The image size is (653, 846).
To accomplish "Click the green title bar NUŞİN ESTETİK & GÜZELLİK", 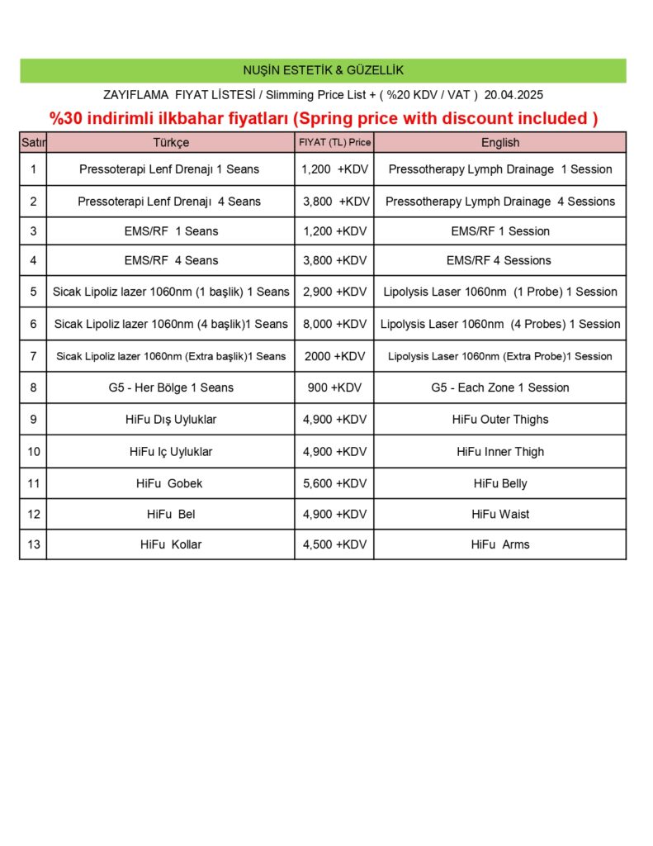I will point(323,70).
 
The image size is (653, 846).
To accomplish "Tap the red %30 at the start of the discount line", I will point(67,118).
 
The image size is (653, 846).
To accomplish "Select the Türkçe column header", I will point(170,142).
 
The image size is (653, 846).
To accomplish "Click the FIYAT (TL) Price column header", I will point(334,142).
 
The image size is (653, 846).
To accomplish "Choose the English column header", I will point(499,142).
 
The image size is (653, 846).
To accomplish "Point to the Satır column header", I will point(33,142).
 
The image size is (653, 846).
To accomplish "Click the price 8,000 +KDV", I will point(334,324).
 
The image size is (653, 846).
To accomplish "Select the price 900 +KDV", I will point(334,387).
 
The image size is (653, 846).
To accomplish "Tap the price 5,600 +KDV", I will point(334,483).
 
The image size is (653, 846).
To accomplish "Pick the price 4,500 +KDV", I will point(334,544).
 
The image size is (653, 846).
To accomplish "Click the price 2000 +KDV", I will point(334,356).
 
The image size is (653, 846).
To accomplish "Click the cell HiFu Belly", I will point(499,483).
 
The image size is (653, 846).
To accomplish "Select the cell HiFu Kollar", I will point(170,544).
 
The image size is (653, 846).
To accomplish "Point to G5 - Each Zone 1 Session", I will point(499,387).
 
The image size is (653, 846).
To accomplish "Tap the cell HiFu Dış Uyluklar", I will point(170,420).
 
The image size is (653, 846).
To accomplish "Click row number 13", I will point(33,544).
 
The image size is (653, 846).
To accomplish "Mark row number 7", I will point(33,356).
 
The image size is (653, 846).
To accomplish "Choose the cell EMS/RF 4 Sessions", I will point(499,260).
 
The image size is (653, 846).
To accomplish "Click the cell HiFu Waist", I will point(499,514).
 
